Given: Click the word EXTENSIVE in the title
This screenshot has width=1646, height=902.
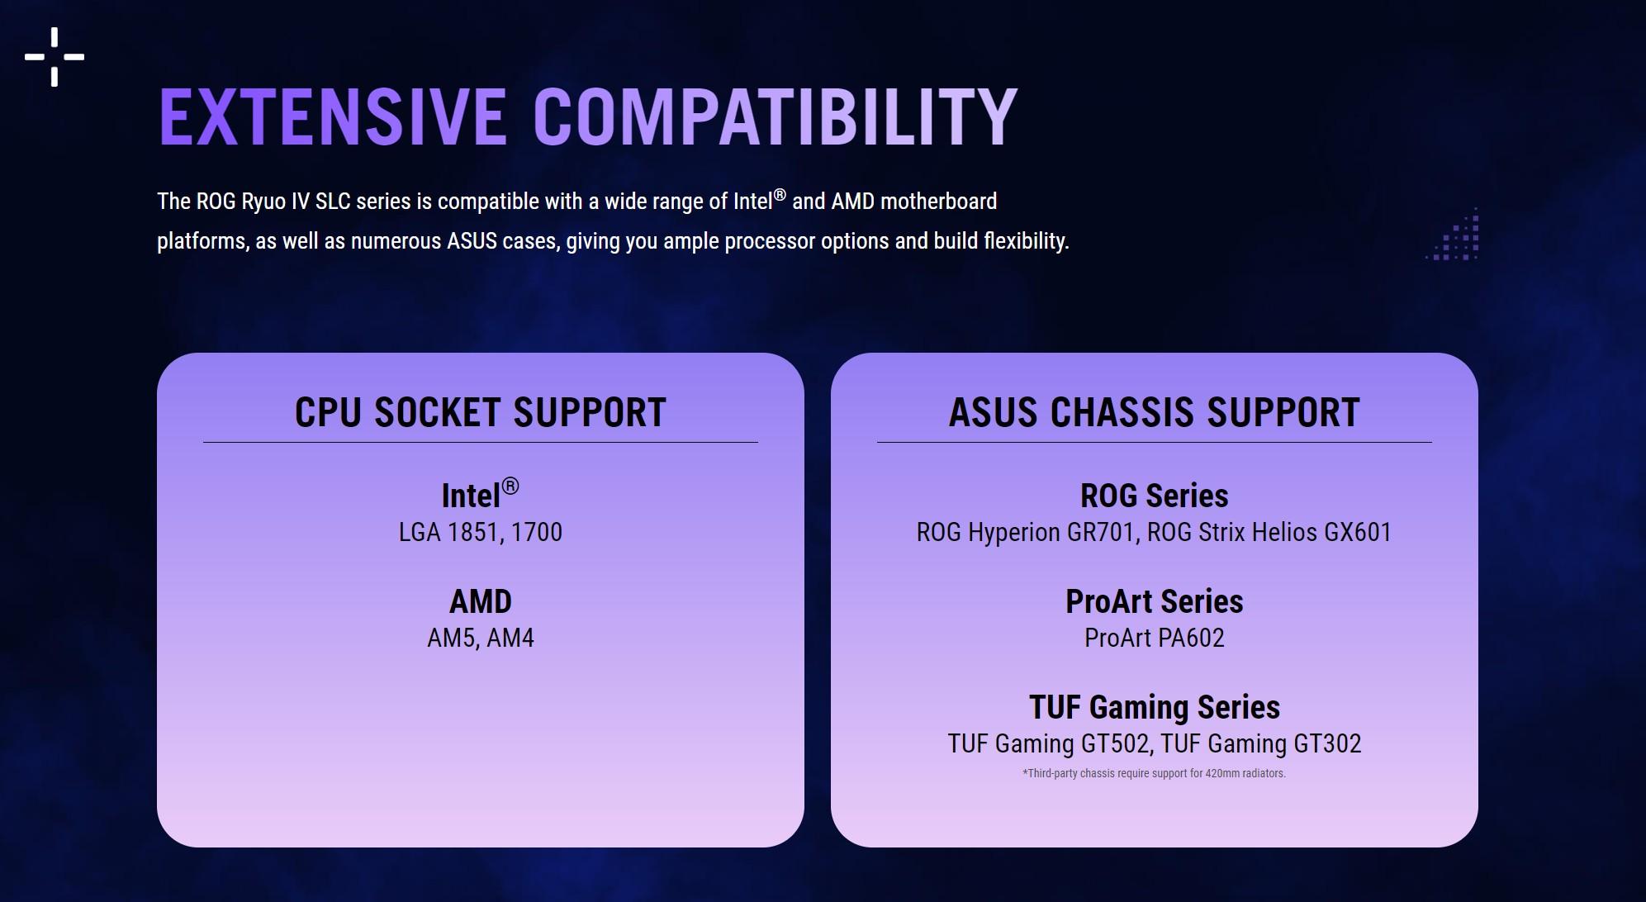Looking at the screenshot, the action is pos(332,116).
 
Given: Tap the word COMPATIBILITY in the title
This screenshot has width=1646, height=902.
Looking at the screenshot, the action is pos(776,116).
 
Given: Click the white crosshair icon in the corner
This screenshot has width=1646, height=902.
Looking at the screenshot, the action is pos(55,57).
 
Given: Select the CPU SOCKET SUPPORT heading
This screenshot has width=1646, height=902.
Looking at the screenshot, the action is pos(481,412).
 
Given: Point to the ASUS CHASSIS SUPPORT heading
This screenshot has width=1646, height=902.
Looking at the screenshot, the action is pos(1155,412).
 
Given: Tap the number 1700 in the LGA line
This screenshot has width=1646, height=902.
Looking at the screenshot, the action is pos(537,532).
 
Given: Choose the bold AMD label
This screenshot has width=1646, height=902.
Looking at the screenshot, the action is pos(481,601).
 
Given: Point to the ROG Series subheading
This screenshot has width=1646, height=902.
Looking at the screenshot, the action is pos(1155,496).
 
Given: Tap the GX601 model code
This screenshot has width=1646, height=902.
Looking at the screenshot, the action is pos(1359,532).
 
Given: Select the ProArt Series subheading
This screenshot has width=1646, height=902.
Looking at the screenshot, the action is pos(1155,601).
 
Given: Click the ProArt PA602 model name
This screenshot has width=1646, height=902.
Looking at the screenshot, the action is pos(1155,638).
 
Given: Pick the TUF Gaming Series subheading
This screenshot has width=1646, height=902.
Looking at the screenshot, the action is pos(1155,707).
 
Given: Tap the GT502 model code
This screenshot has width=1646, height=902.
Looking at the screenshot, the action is pos(1116,744).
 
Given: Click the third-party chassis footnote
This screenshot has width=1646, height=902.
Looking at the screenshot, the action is pos(1155,774).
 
